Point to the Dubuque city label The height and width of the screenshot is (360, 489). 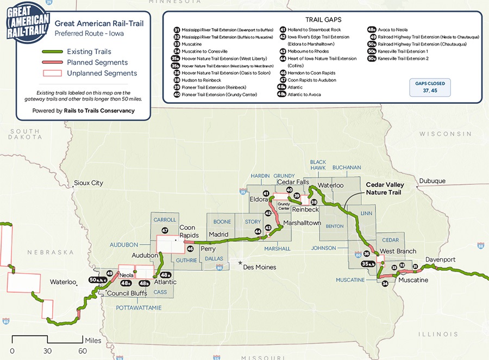tap(432, 181)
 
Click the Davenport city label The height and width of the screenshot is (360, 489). tap(441, 259)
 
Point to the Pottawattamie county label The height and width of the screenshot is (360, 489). tap(139, 308)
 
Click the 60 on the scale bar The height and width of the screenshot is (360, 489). tap(83, 351)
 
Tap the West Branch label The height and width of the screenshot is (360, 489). tap(398, 251)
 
